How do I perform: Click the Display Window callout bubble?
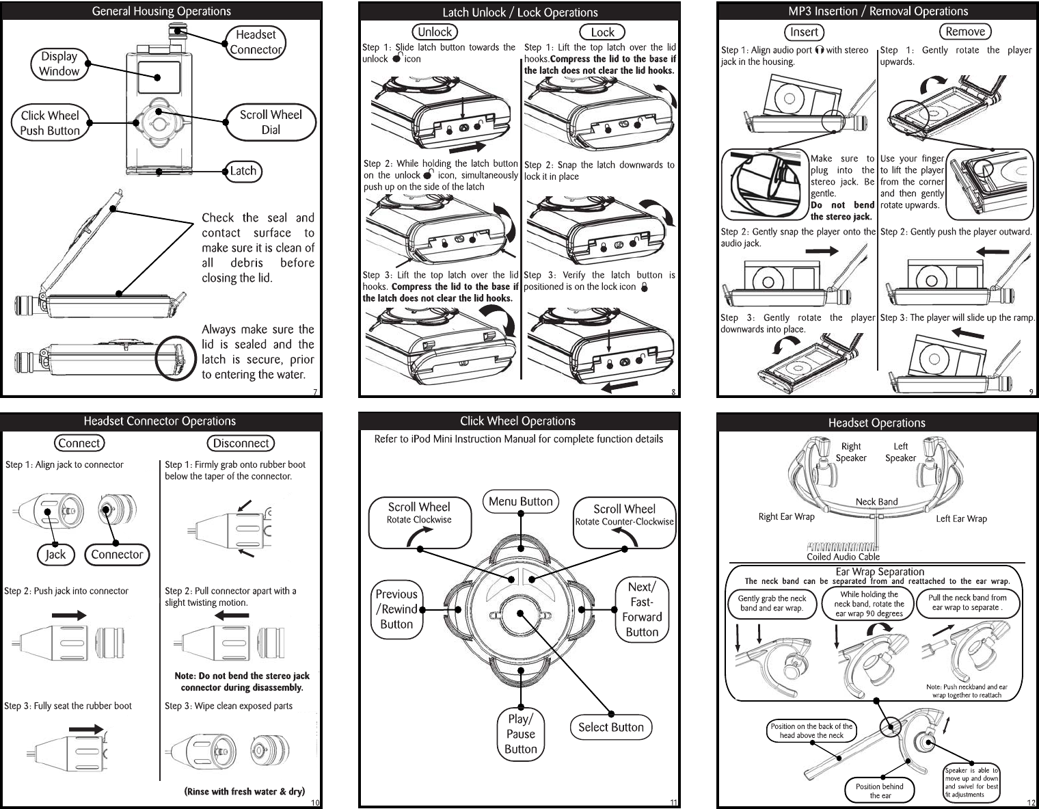(x=59, y=64)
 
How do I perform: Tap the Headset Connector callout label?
(x=256, y=42)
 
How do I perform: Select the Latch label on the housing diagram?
(x=243, y=171)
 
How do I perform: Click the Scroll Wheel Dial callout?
(x=271, y=122)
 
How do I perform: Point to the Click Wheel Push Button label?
(x=50, y=123)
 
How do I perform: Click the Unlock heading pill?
(x=435, y=32)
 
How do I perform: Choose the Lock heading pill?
(x=602, y=32)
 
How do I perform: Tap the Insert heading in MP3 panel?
(x=804, y=32)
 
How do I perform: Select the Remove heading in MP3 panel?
(x=965, y=31)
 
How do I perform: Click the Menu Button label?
(x=521, y=501)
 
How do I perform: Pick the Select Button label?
(x=610, y=728)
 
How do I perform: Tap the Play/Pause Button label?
(x=521, y=734)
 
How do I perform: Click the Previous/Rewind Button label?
(x=396, y=609)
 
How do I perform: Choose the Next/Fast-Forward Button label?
(x=642, y=609)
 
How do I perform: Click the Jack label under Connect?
(x=55, y=555)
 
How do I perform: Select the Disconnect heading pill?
(x=241, y=443)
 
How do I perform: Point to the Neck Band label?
(x=876, y=502)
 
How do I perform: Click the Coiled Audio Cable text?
(x=843, y=557)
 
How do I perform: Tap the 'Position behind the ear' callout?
(x=880, y=791)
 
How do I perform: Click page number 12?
(x=1031, y=803)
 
